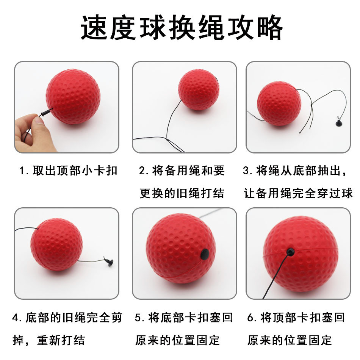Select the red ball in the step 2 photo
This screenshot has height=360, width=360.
pyautogui.click(x=199, y=89)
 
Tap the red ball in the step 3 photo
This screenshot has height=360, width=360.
pyautogui.click(x=279, y=103)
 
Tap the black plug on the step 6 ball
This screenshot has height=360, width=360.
pyautogui.click(x=291, y=251)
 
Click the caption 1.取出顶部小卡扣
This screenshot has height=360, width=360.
pyautogui.click(x=69, y=171)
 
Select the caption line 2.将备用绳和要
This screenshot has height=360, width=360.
pyautogui.click(x=182, y=171)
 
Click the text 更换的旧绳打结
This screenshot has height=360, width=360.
pyautogui.click(x=182, y=193)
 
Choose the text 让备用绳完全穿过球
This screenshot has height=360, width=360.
pyautogui.click(x=298, y=193)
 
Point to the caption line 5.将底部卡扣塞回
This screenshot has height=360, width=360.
pyautogui.click(x=184, y=318)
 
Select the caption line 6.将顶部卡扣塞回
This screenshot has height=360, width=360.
pyautogui.click(x=296, y=318)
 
